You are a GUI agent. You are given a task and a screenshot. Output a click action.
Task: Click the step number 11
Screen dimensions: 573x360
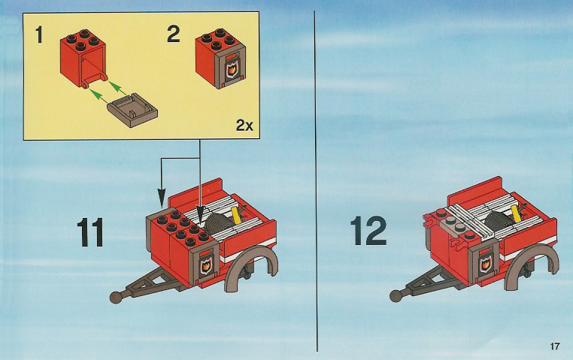tap(90, 233)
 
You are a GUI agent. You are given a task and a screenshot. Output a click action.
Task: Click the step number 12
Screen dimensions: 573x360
tap(368, 231)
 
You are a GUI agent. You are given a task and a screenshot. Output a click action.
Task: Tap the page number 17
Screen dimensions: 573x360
tap(554, 346)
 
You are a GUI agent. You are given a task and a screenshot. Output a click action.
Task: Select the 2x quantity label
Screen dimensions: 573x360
tap(244, 126)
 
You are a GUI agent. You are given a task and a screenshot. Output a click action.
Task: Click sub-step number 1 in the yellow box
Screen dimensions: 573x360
tap(39, 35)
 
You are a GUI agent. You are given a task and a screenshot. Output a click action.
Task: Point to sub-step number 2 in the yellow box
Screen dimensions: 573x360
tap(174, 34)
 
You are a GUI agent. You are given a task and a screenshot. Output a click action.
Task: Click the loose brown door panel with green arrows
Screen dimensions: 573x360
tap(133, 110)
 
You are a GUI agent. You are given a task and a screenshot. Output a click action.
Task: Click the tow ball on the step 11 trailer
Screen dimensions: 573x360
tap(117, 297)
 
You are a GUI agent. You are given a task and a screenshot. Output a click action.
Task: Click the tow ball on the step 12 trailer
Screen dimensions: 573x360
tap(396, 295)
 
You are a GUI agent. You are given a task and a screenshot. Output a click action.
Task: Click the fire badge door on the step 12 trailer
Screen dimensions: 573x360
tap(485, 262)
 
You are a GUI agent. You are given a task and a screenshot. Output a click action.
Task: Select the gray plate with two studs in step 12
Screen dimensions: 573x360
tap(453, 226)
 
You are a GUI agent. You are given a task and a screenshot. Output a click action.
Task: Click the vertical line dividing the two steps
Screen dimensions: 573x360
tap(316, 180)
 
